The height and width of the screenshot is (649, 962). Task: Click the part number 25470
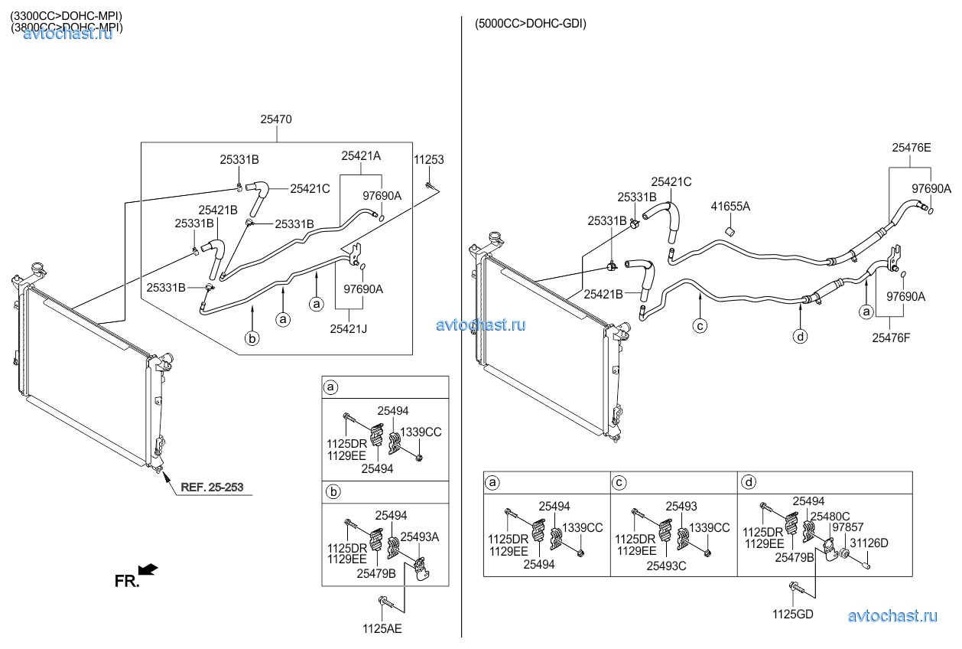[x=276, y=119]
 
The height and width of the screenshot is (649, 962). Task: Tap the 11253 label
[x=428, y=159]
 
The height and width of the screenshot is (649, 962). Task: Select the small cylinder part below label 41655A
[x=730, y=232]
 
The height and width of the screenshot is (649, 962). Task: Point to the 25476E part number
[x=912, y=148]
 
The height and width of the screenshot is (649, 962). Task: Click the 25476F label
[x=891, y=338]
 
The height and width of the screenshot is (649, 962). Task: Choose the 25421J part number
[x=348, y=329]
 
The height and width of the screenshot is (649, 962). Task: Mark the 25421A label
[x=361, y=155]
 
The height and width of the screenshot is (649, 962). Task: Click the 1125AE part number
[x=382, y=629]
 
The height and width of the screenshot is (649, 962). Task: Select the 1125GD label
[x=793, y=615]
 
